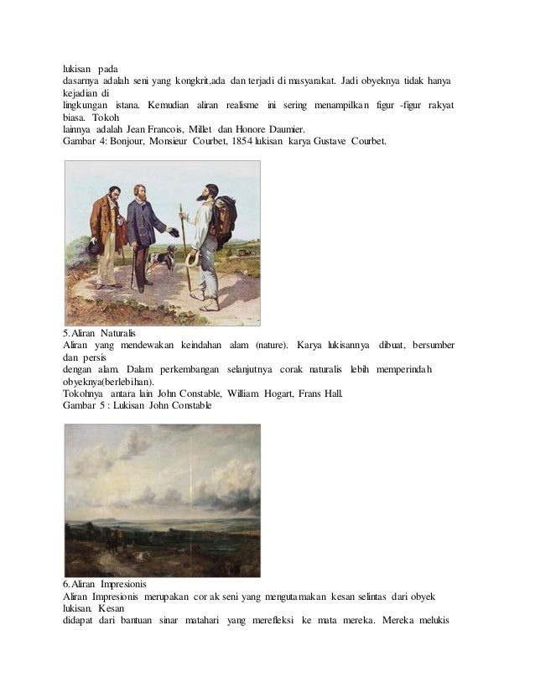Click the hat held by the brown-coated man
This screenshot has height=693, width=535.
coord(96,246)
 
